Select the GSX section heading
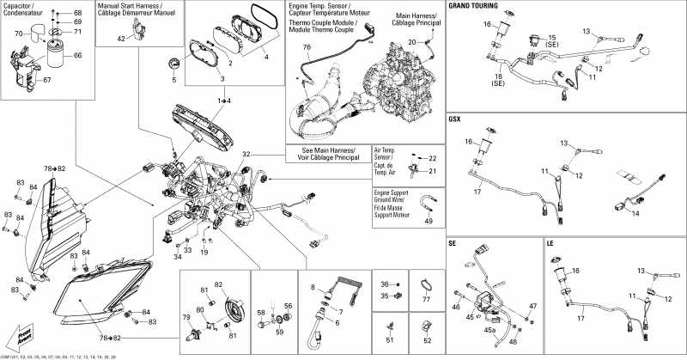[455, 118]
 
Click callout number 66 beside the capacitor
[78, 55]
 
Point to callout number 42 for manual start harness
[121, 39]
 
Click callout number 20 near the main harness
[411, 41]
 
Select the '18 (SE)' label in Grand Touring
[497, 82]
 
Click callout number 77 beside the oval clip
[424, 300]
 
